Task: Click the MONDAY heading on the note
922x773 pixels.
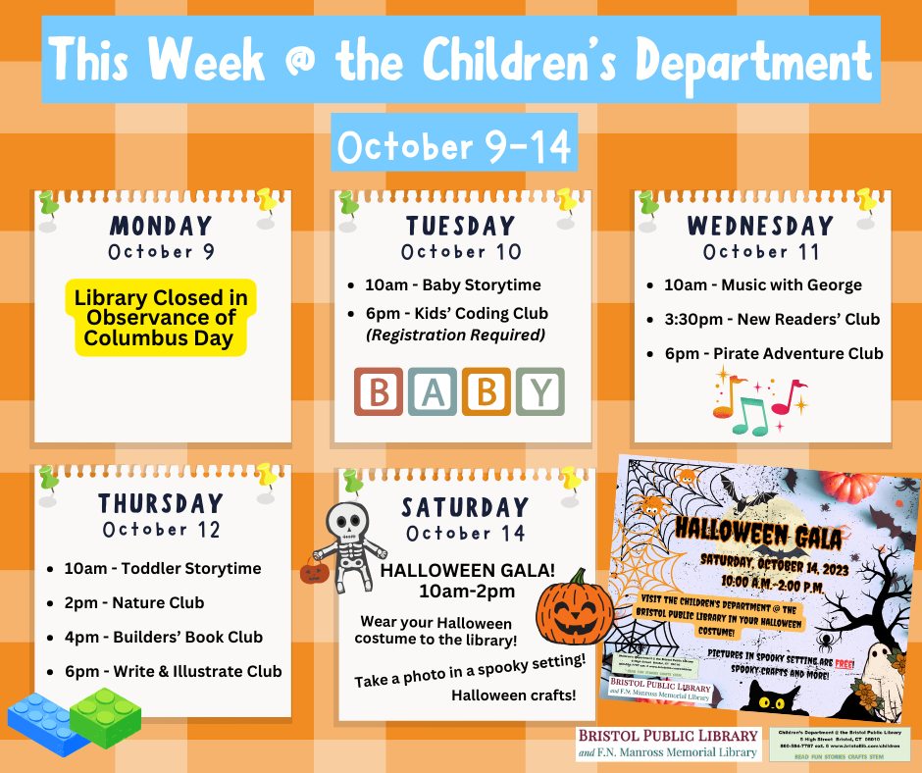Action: [162, 227]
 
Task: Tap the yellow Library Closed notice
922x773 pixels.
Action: [160, 317]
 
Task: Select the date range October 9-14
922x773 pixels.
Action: [453, 146]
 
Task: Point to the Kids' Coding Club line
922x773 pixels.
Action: [456, 314]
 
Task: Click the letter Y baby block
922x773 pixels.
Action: [540, 392]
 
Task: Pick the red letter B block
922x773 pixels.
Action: [379, 392]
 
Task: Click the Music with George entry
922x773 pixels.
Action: [754, 285]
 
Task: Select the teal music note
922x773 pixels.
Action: [750, 416]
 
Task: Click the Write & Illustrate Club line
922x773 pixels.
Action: [164, 671]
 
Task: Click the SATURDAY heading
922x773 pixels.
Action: [465, 508]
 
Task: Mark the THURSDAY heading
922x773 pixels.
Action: [161, 504]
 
